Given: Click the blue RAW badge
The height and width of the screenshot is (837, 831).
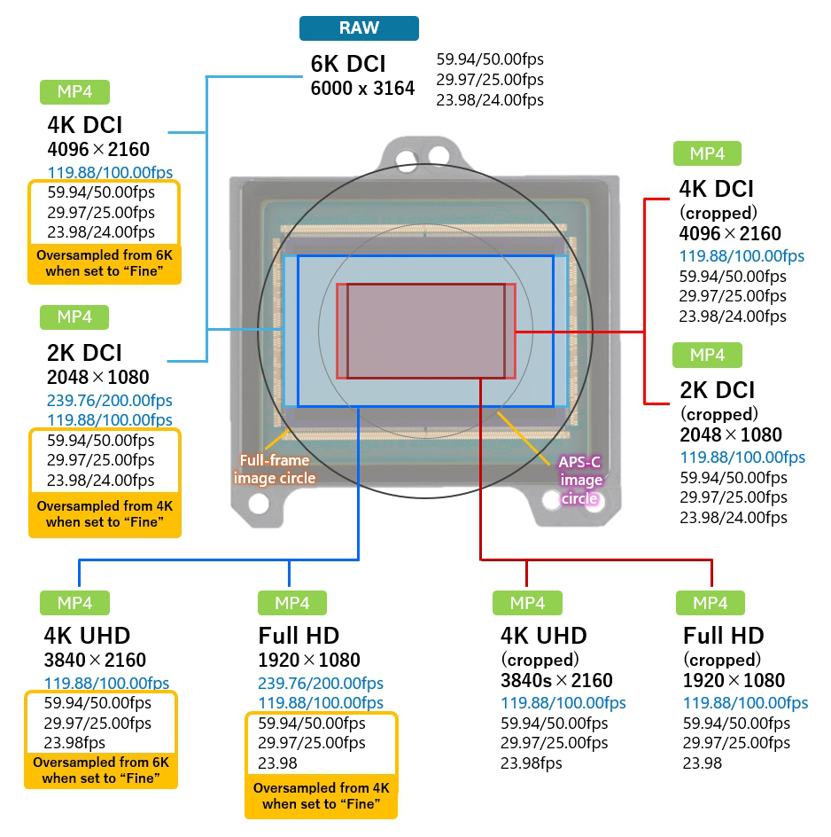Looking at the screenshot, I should click(359, 28).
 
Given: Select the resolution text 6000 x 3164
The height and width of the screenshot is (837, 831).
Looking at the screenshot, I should click(362, 89).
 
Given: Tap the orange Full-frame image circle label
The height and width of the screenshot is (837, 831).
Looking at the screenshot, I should click(274, 469).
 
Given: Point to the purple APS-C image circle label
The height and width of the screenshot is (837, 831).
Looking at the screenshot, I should click(580, 480).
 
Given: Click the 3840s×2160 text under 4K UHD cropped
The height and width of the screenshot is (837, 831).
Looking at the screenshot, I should click(556, 681).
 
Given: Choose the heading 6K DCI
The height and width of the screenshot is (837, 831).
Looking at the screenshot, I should click(348, 65).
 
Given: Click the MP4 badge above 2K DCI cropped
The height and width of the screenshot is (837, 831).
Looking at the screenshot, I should click(707, 356).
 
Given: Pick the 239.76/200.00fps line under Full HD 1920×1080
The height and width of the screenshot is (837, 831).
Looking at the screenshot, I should click(321, 683).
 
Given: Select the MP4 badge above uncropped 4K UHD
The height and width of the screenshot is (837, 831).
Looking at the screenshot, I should click(75, 603).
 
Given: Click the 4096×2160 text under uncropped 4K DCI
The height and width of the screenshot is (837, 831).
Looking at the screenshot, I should click(98, 149).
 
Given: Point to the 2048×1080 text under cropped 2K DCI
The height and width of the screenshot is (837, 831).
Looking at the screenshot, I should click(731, 435).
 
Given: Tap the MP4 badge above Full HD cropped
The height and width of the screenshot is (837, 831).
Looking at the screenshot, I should click(710, 604).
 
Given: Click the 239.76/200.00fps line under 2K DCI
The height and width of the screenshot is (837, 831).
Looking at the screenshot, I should click(110, 401).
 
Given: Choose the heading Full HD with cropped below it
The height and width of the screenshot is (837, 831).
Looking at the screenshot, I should click(724, 636).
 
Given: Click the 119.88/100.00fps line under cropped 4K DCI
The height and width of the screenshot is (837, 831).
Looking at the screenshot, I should click(742, 256).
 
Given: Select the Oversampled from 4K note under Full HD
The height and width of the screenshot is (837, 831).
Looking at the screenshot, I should click(321, 795).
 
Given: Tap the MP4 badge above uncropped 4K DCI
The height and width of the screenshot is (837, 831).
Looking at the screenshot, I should click(74, 92).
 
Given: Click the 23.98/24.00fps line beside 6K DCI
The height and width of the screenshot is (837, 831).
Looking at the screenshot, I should click(490, 99).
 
